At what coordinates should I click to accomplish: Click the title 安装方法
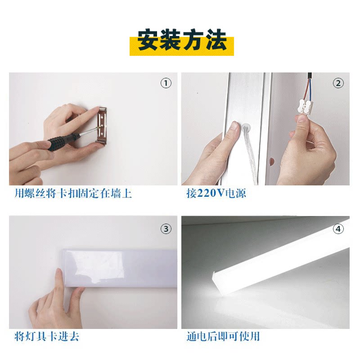(182, 40)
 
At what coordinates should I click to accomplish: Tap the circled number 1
(166, 83)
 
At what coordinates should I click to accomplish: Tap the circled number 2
(338, 83)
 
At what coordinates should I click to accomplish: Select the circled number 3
(166, 229)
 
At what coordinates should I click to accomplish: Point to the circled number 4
(338, 229)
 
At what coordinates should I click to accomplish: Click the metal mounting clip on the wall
(102, 125)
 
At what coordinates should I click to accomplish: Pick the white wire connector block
(306, 107)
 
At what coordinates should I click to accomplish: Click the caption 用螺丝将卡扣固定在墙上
(73, 193)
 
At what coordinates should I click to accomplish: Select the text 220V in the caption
(211, 193)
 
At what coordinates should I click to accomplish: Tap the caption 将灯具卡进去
(47, 336)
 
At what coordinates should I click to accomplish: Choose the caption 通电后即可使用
(223, 336)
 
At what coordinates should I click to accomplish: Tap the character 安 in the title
(149, 40)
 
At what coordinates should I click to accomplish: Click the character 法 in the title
(216, 40)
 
